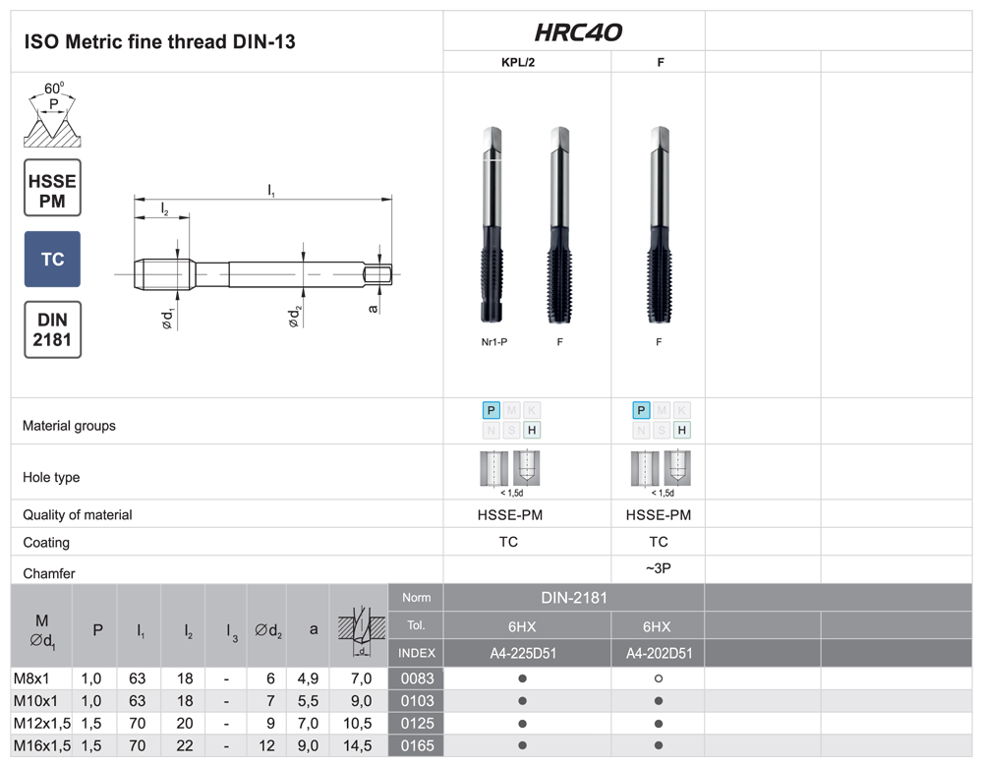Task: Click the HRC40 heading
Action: pyautogui.click(x=577, y=32)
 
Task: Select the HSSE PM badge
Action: pyautogui.click(x=53, y=188)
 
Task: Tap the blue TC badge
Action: pyautogui.click(x=53, y=259)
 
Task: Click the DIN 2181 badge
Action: pyautogui.click(x=53, y=329)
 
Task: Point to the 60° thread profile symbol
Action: pyautogui.click(x=53, y=115)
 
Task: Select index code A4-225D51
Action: pyautogui.click(x=523, y=654)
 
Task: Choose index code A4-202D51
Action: pyautogui.click(x=659, y=654)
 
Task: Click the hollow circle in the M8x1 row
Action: pyautogui.click(x=659, y=678)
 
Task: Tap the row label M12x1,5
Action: pyautogui.click(x=42, y=723)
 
